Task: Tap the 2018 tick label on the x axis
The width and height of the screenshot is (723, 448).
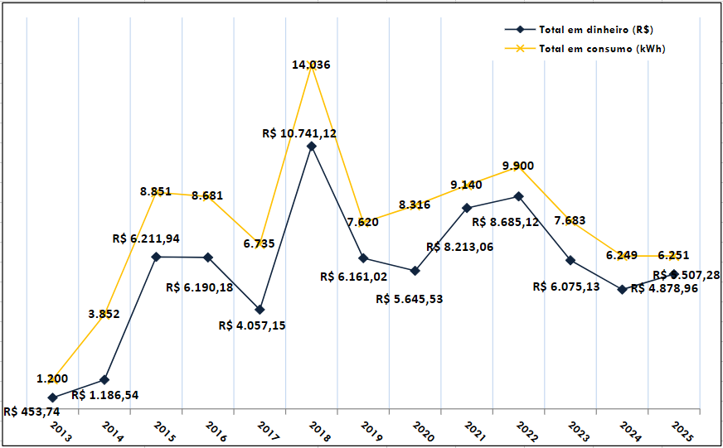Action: pos(318,429)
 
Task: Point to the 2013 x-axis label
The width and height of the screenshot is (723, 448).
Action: pos(60,429)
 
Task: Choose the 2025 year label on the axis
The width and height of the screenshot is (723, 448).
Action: pos(682,429)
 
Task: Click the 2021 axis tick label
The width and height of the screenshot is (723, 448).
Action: pos(474,429)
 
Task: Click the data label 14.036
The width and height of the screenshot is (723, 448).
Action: pos(312,65)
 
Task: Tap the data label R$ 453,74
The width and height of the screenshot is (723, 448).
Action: pos(32,412)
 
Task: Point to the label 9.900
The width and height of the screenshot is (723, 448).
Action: pos(518,166)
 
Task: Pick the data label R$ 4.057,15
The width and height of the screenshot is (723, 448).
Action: pos(252,325)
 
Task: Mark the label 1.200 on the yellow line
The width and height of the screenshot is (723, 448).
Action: pos(52,378)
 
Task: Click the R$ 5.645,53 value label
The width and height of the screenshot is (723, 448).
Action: pos(409,299)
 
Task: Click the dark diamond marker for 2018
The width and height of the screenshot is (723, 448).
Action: pos(311,147)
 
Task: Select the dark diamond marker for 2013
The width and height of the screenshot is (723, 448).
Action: pos(52,398)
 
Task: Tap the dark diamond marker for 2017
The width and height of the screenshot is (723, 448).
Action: pos(260,309)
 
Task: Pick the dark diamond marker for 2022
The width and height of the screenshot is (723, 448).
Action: pos(518,196)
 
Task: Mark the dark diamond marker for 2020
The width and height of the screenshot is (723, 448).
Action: pos(415,271)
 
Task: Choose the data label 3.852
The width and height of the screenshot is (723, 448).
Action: pos(104,313)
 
